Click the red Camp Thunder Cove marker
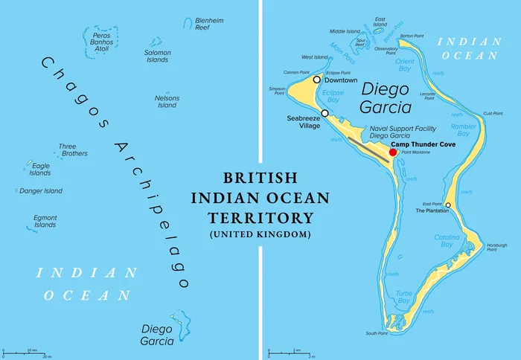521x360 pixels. pyautogui.click(x=393, y=152)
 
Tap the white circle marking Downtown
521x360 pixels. pyautogui.click(x=316, y=80)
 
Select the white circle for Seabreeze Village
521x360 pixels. pyautogui.click(x=325, y=113)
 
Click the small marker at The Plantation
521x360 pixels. pyautogui.click(x=448, y=205)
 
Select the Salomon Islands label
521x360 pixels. pyautogui.click(x=157, y=57)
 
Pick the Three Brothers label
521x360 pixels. pyautogui.click(x=73, y=150)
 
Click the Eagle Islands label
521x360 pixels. pyautogui.click(x=40, y=170)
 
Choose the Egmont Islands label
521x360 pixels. pyautogui.click(x=45, y=221)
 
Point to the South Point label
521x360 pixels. pyautogui.click(x=377, y=333)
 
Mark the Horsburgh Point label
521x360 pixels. pyautogui.click(x=496, y=248)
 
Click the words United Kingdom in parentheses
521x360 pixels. pyautogui.click(x=260, y=235)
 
